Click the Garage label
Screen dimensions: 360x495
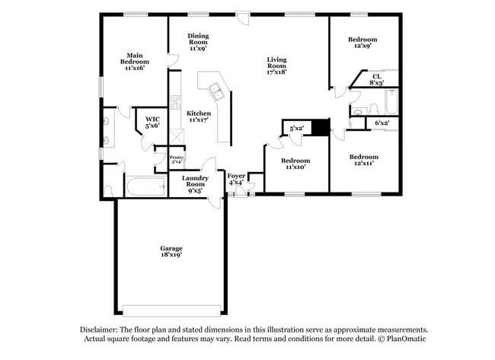pos(171,251)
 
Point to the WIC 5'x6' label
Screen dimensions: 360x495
pos(152,123)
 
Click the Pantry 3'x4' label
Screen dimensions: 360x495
pos(176,159)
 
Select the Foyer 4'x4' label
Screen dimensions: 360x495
pos(236,180)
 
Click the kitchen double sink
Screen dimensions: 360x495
pos(217,93)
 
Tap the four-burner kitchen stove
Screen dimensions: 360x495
pos(175,101)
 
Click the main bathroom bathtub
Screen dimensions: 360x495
pos(145,186)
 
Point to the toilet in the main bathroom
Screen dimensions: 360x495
pos(109,190)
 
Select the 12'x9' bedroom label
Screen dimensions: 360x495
pos(362,43)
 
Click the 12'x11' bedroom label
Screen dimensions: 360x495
pos(363,161)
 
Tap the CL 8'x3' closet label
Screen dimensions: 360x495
pos(376,79)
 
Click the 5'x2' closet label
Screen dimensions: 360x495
pos(296,128)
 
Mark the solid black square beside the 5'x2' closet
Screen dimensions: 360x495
pos(321,128)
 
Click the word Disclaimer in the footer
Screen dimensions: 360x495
pos(104,330)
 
